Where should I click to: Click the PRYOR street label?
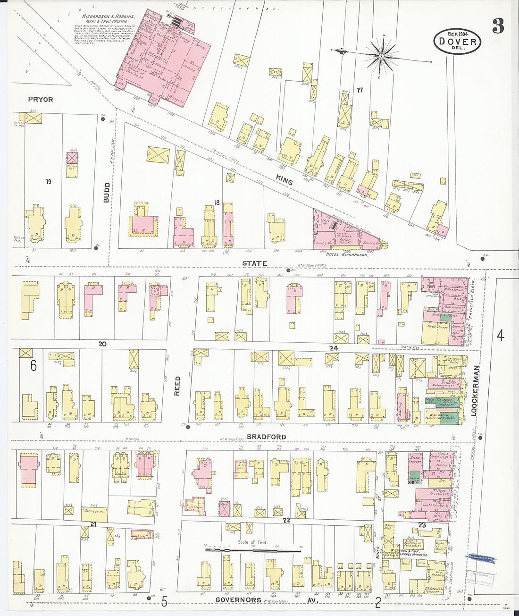41,100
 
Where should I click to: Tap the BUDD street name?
107,193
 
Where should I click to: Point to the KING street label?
285,179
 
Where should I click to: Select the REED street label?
178,386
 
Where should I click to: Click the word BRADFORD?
267,437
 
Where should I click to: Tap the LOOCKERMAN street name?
475,390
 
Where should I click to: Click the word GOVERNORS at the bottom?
238,600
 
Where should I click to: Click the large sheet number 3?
498,26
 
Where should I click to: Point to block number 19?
48,182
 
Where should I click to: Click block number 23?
422,524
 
